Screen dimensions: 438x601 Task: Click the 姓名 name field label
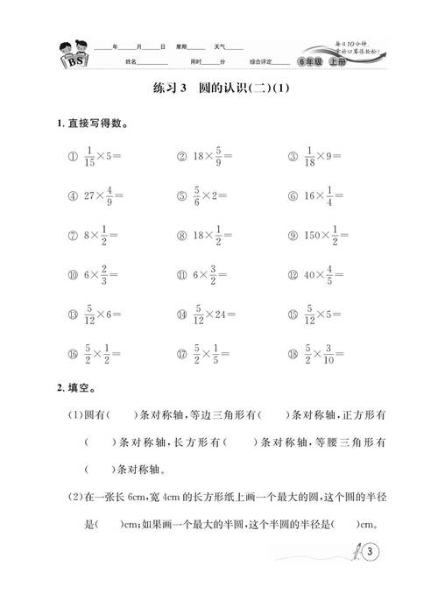point(133,62)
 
